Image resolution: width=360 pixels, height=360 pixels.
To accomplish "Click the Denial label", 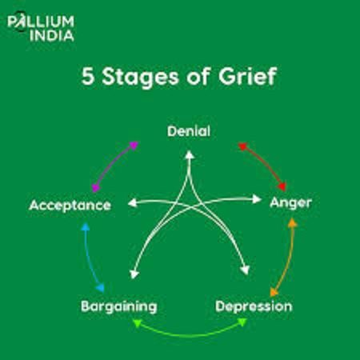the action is (189, 131).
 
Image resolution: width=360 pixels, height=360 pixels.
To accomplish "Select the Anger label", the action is (290, 203).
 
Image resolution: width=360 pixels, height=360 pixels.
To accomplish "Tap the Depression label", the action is (254, 306).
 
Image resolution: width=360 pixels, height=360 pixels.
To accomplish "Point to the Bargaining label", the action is (119, 306).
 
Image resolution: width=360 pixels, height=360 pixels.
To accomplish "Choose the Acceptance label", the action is (70, 206).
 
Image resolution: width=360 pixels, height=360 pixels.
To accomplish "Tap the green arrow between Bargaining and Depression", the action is (190, 334).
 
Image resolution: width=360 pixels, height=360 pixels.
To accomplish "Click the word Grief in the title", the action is (247, 77).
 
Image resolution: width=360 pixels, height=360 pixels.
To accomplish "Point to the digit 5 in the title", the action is (88, 77).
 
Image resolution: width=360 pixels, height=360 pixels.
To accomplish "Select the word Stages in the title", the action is (140, 78).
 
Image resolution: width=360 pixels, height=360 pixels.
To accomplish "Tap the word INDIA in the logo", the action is (52, 36).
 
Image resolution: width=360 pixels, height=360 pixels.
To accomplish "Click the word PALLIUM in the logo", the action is (41, 22).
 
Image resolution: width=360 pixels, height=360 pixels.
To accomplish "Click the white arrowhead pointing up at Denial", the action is (190, 155).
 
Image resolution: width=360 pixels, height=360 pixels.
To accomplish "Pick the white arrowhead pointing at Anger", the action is (257, 199).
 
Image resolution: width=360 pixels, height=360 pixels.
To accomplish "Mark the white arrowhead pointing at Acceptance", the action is (133, 203).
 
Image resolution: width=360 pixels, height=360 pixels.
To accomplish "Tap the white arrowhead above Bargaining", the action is (134, 274).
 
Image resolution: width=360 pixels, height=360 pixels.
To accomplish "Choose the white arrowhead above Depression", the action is (245, 270).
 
